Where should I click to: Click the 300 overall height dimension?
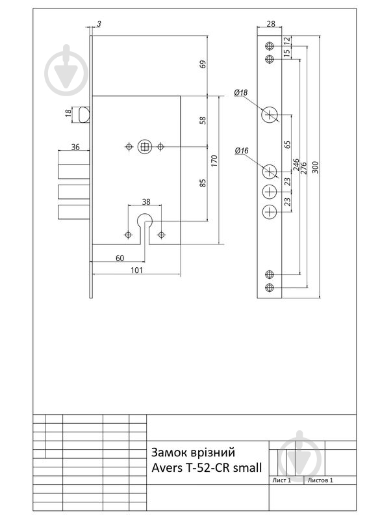[315, 167]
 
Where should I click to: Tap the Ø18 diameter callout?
[241, 92]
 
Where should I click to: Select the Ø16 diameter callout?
[242, 151]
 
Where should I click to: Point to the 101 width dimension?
[136, 270]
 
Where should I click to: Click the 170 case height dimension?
[214, 161]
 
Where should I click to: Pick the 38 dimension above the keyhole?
[146, 201]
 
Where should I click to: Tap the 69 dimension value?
[203, 64]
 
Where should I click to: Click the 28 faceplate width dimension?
[271, 23]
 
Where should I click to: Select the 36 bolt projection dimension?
[75, 147]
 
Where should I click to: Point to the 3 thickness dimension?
[99, 23]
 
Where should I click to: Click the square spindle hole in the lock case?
[145, 147]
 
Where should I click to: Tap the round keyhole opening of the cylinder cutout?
[145, 219]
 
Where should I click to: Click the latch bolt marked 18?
[84, 114]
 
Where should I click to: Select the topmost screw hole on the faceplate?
[270, 45]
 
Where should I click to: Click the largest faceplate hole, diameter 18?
[270, 115]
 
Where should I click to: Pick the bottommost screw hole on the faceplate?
[270, 287]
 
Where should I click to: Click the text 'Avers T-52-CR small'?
[207, 467]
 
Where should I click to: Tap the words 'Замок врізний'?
[194, 452]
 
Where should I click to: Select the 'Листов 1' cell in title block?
[320, 480]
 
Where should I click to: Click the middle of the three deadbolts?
[74, 192]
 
